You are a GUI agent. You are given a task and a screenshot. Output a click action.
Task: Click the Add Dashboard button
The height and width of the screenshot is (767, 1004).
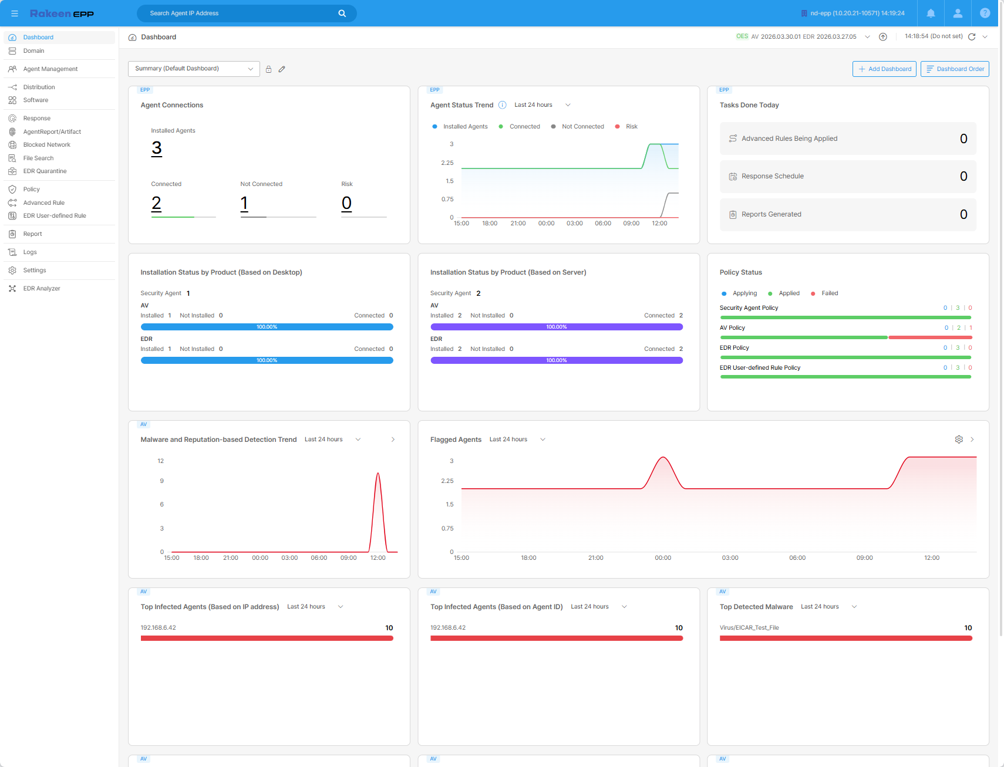[884, 69]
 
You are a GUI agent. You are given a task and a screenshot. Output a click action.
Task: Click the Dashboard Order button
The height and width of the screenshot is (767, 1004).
[955, 69]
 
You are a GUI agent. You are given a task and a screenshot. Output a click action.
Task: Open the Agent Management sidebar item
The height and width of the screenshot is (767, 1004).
[50, 69]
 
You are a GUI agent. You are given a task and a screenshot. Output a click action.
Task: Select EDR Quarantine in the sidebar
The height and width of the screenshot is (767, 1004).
[45, 171]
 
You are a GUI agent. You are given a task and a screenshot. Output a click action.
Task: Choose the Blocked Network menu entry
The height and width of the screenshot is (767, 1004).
[46, 145]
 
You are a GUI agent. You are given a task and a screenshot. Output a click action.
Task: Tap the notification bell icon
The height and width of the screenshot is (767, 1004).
[931, 13]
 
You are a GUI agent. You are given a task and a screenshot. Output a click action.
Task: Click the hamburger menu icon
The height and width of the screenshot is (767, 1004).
[15, 13]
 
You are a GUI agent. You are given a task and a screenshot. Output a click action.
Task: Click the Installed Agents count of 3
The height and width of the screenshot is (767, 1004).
[157, 148]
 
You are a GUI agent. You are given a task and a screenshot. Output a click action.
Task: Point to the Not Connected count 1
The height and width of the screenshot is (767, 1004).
[244, 203]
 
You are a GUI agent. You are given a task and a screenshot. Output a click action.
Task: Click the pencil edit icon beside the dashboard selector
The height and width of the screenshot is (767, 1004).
[282, 69]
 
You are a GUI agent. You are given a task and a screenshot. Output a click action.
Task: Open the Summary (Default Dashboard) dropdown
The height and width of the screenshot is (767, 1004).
[194, 69]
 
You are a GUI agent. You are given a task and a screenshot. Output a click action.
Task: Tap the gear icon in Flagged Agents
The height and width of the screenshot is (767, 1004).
[959, 440]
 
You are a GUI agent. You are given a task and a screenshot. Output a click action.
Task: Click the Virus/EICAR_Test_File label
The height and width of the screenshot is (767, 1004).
[749, 628]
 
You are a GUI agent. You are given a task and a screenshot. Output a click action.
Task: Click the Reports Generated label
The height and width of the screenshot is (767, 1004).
[771, 215]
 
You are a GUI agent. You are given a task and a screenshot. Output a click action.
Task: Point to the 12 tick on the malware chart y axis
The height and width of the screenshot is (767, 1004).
[161, 461]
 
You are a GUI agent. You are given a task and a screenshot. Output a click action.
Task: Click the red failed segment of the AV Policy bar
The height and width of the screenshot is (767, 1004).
[931, 337]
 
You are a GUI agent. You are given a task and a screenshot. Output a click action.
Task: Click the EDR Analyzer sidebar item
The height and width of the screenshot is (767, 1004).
[42, 289]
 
